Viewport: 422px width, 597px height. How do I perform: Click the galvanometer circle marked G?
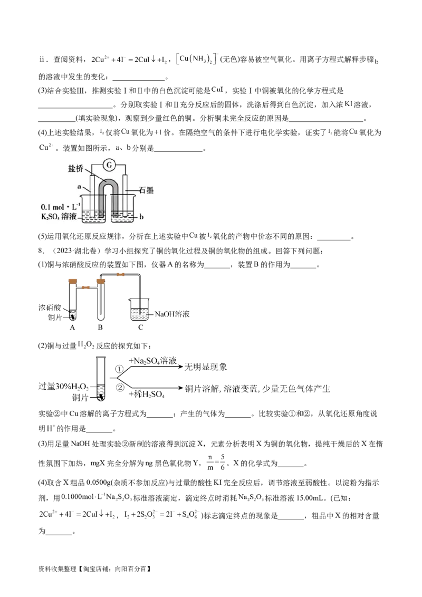pos(109,165)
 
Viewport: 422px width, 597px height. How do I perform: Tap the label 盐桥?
pos(75,169)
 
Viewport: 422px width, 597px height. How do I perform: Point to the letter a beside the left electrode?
pos(79,186)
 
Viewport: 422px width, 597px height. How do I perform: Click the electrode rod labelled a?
pos(92,195)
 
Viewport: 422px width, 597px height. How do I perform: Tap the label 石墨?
pos(146,190)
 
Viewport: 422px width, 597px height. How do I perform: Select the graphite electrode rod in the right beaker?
pos(126,195)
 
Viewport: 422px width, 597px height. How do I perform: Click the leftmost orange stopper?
pos(72,282)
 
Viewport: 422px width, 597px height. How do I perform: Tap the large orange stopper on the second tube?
pos(101,282)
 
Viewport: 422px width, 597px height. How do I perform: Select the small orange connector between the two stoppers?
pos(86,288)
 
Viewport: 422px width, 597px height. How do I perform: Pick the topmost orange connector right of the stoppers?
pos(121,274)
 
